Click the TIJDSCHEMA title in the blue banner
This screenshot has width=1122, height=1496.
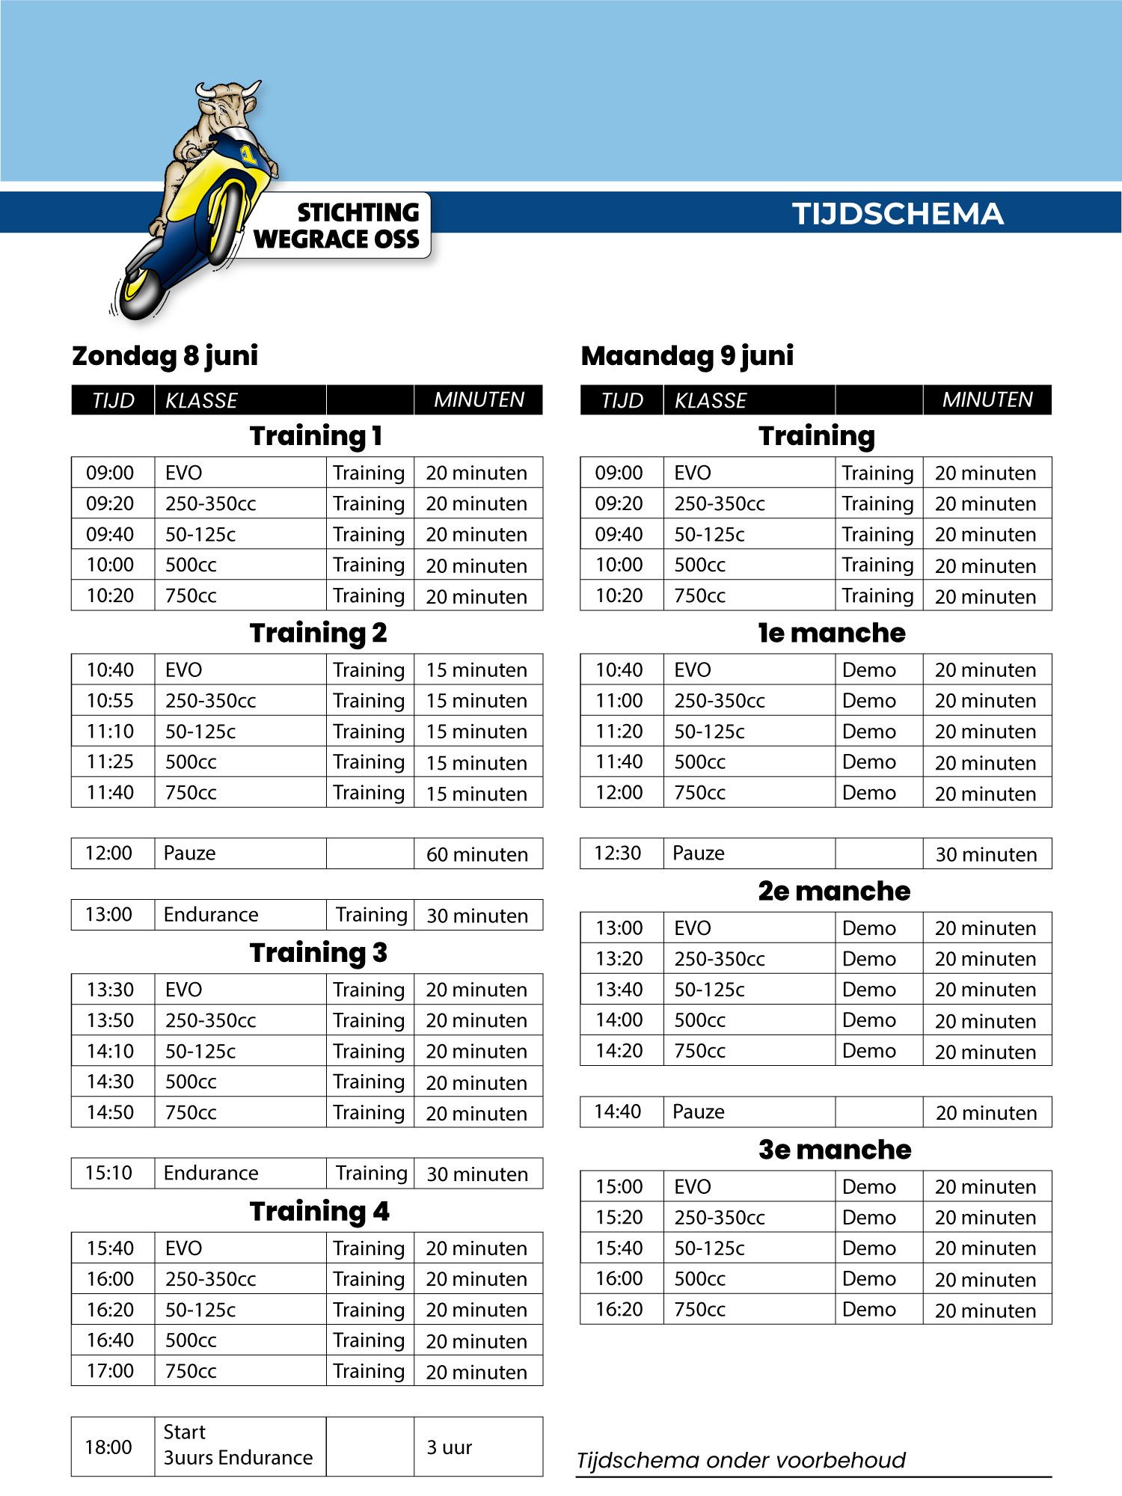(x=898, y=214)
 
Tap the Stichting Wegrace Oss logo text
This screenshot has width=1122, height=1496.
(x=337, y=225)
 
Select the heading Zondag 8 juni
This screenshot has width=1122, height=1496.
(x=165, y=355)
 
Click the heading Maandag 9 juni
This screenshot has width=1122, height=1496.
(x=687, y=355)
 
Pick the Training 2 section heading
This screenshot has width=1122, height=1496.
(x=318, y=633)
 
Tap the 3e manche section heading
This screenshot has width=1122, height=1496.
(x=834, y=1150)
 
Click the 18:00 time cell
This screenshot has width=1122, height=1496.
(x=108, y=1447)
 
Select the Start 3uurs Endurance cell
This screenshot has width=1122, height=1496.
(x=238, y=1445)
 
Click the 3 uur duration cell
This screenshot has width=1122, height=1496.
(x=450, y=1447)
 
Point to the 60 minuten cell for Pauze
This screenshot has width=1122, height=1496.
(x=476, y=854)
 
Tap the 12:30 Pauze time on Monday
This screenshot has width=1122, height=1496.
(x=618, y=853)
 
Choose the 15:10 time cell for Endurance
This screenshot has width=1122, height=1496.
(x=108, y=1173)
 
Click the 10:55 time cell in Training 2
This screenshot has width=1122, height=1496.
(x=110, y=701)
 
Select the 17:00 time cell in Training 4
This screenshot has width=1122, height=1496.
(x=110, y=1371)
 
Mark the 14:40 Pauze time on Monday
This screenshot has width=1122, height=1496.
(x=618, y=1112)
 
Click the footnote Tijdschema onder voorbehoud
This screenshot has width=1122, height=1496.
(x=741, y=1460)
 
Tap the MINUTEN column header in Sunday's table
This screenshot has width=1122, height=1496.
(x=479, y=400)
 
